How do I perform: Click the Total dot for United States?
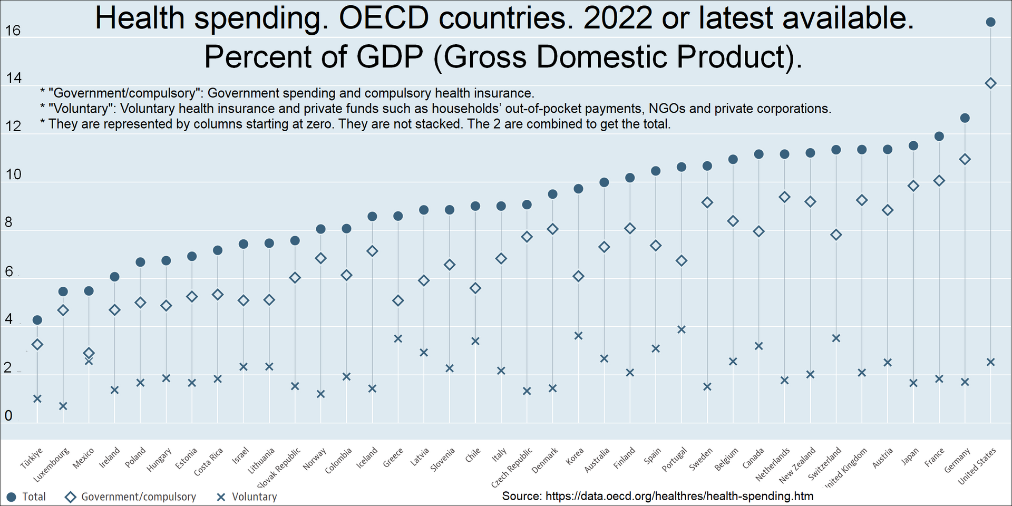click(990, 22)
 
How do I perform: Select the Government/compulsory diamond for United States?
click(990, 83)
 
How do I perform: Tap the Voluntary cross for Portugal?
click(681, 329)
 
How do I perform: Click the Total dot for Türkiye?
click(37, 320)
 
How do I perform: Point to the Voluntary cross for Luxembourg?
click(63, 406)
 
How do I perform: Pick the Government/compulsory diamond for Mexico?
click(89, 353)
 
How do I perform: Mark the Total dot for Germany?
click(965, 118)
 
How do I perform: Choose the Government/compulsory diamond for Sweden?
click(707, 202)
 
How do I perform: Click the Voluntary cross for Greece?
click(398, 338)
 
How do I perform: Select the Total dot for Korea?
click(578, 189)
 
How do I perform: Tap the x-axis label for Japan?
click(910, 456)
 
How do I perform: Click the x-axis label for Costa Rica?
click(209, 462)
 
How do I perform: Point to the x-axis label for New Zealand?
click(797, 464)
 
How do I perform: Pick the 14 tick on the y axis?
click(14, 79)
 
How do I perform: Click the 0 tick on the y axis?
click(8, 416)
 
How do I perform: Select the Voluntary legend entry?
click(247, 497)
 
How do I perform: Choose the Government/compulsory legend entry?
click(130, 497)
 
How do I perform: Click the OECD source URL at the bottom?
click(679, 496)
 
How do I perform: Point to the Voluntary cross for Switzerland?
click(836, 338)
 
